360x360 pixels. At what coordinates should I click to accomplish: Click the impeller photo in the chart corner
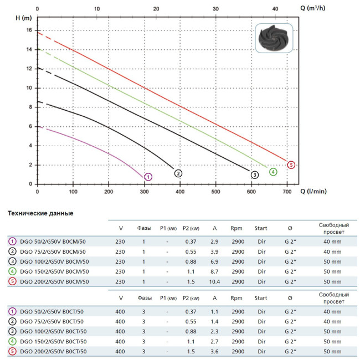pos(275,38)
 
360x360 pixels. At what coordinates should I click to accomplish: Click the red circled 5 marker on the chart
pos(291,164)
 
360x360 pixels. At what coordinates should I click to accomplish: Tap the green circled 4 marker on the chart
pos(273,172)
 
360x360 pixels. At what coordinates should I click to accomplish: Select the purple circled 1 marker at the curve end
pos(148,177)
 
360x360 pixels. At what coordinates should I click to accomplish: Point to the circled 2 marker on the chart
pos(178,173)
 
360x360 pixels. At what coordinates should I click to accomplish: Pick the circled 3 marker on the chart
pos(254,175)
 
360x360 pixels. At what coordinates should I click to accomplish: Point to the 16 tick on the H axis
pos(29,30)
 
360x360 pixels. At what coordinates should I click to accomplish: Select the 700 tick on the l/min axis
pos(286,192)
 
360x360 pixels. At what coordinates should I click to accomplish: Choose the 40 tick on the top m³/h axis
pos(275,9)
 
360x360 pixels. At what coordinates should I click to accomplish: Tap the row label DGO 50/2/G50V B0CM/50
pos(53,241)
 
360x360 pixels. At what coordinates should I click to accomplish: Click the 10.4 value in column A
pos(214,282)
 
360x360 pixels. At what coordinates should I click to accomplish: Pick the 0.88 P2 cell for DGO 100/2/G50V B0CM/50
pos(190,261)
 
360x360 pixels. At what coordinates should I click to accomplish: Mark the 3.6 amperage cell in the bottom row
pos(214,352)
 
